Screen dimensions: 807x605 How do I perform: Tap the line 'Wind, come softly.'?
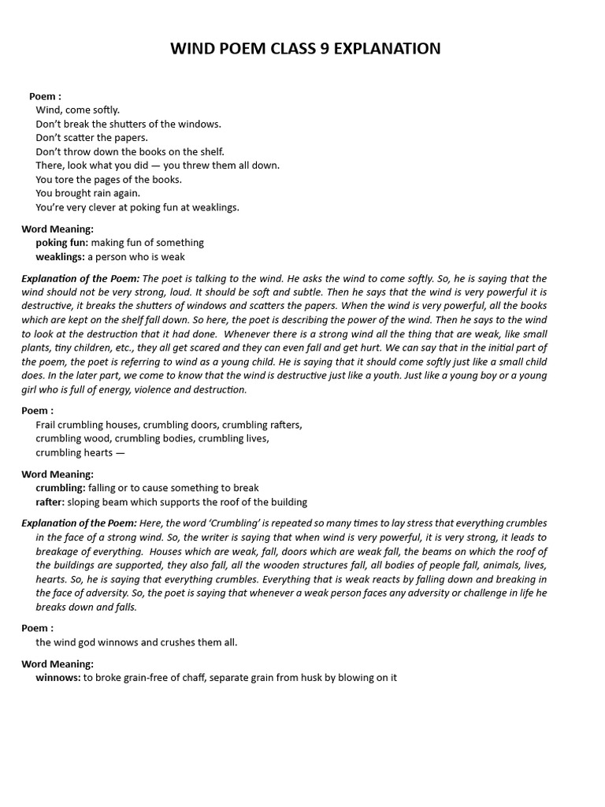point(77,110)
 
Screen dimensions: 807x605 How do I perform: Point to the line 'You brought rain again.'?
point(87,193)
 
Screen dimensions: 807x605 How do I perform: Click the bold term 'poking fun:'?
point(62,243)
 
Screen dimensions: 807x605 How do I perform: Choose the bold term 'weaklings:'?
point(60,256)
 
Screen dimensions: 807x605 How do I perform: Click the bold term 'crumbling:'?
point(61,488)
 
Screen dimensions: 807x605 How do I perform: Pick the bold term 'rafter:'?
point(50,502)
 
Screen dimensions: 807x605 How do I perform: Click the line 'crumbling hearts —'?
point(80,452)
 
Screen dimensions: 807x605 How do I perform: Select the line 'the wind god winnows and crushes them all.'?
point(135,642)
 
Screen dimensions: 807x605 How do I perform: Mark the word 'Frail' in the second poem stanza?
point(46,424)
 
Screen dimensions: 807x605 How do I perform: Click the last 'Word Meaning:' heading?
point(58,664)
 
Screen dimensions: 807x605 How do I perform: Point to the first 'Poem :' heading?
point(45,96)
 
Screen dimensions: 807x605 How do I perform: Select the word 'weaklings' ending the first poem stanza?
point(214,207)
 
